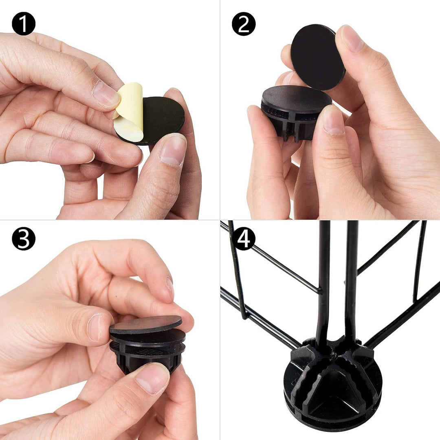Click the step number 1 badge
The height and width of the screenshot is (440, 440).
point(24,24)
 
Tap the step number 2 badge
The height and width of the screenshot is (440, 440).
point(244,24)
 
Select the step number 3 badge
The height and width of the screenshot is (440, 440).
point(24,238)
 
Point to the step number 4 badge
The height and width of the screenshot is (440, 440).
point(244,238)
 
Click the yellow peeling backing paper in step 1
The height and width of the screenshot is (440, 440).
point(130,112)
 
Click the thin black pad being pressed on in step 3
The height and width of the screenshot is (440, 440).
point(145,324)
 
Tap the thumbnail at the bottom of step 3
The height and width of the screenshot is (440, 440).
point(152,378)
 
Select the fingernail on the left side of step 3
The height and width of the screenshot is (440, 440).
point(95,327)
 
